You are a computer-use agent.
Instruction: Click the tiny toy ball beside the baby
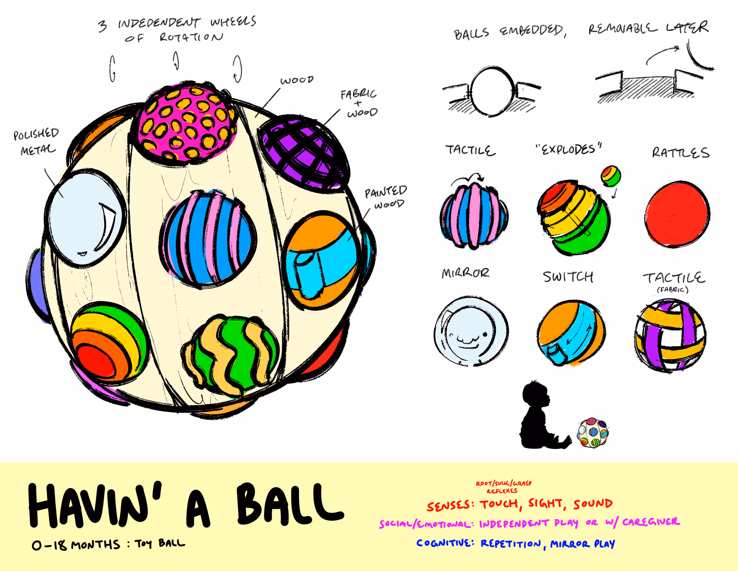tap(593, 433)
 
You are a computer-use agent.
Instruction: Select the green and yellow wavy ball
tap(232, 355)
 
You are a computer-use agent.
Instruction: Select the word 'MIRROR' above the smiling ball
tap(465, 273)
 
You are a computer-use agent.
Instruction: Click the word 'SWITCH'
tap(568, 277)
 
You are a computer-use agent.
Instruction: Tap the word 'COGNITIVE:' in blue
tap(445, 543)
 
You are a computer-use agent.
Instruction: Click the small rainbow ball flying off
tap(611, 176)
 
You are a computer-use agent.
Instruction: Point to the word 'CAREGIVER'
tap(651, 522)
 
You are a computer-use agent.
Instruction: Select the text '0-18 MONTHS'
tap(76, 545)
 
